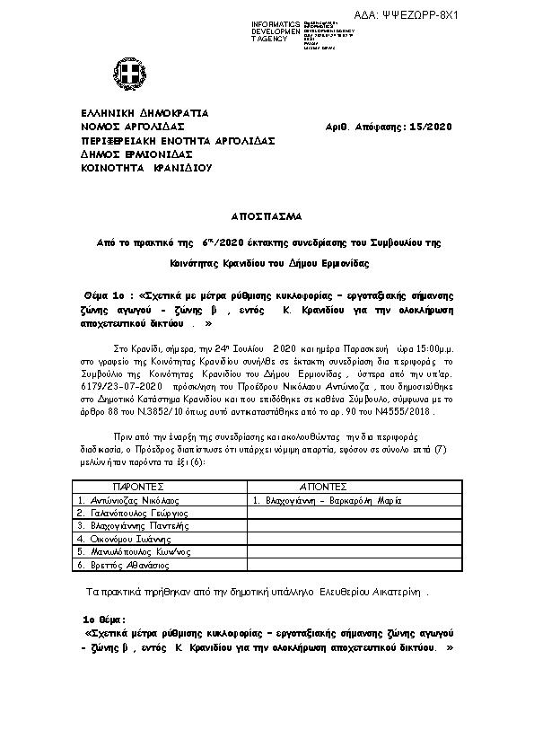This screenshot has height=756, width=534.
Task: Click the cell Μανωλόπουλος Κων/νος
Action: coord(131,552)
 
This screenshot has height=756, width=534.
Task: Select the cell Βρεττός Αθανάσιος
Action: coord(123,566)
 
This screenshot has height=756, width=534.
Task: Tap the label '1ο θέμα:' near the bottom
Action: coord(105,620)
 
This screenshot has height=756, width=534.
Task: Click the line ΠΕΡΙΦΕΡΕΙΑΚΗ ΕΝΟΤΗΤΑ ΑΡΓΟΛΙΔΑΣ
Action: coord(178,141)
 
